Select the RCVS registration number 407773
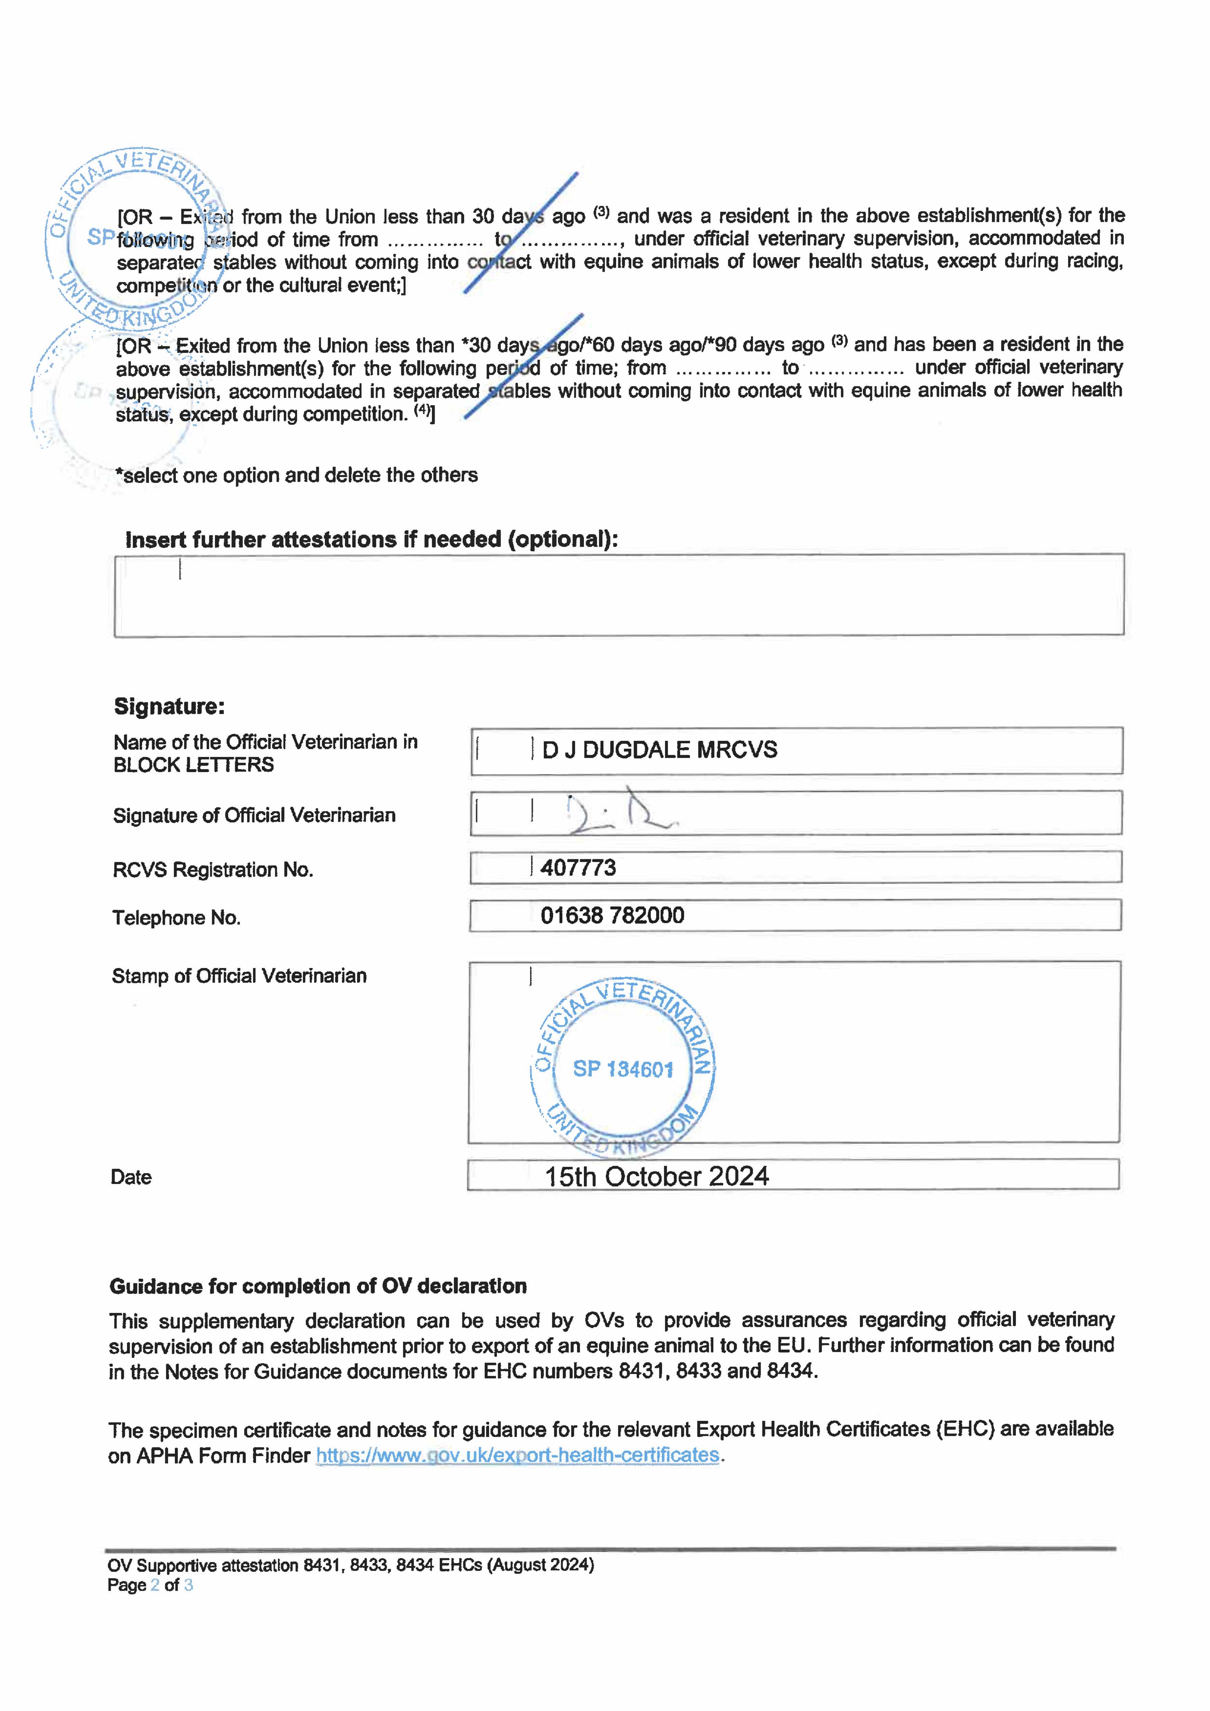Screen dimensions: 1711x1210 (578, 867)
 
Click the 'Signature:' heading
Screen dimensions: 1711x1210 (169, 706)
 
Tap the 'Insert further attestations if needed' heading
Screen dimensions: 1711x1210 (371, 540)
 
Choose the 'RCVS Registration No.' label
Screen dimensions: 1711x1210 (213, 870)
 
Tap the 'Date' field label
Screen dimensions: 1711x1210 (131, 1178)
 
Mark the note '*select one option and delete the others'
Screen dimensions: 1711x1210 (297, 475)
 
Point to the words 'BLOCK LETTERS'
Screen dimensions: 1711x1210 (194, 765)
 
